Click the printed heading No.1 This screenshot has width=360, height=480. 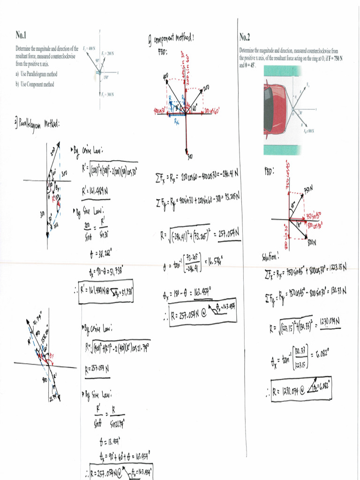coord(22,35)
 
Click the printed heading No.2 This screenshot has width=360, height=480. coord(245,37)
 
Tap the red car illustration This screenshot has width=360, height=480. coord(275,109)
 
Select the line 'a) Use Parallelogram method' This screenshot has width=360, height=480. coord(37,74)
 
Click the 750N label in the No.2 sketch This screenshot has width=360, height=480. coord(307,189)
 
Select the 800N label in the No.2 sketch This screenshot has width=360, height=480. coord(311,243)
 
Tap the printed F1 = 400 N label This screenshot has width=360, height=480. coord(89,48)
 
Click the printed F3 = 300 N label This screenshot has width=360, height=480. coord(107,94)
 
